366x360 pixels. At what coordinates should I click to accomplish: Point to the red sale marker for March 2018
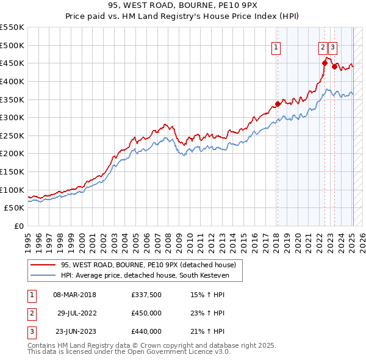(x=277, y=104)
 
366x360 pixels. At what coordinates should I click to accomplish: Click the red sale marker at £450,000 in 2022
(x=325, y=63)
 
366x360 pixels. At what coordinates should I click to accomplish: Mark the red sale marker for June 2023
(x=334, y=67)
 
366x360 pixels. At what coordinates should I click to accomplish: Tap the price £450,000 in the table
(x=146, y=314)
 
